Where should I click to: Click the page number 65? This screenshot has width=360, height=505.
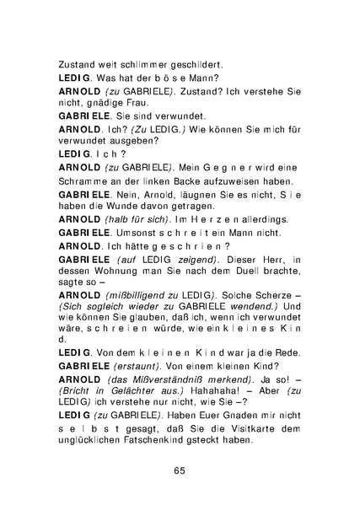(180, 470)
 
